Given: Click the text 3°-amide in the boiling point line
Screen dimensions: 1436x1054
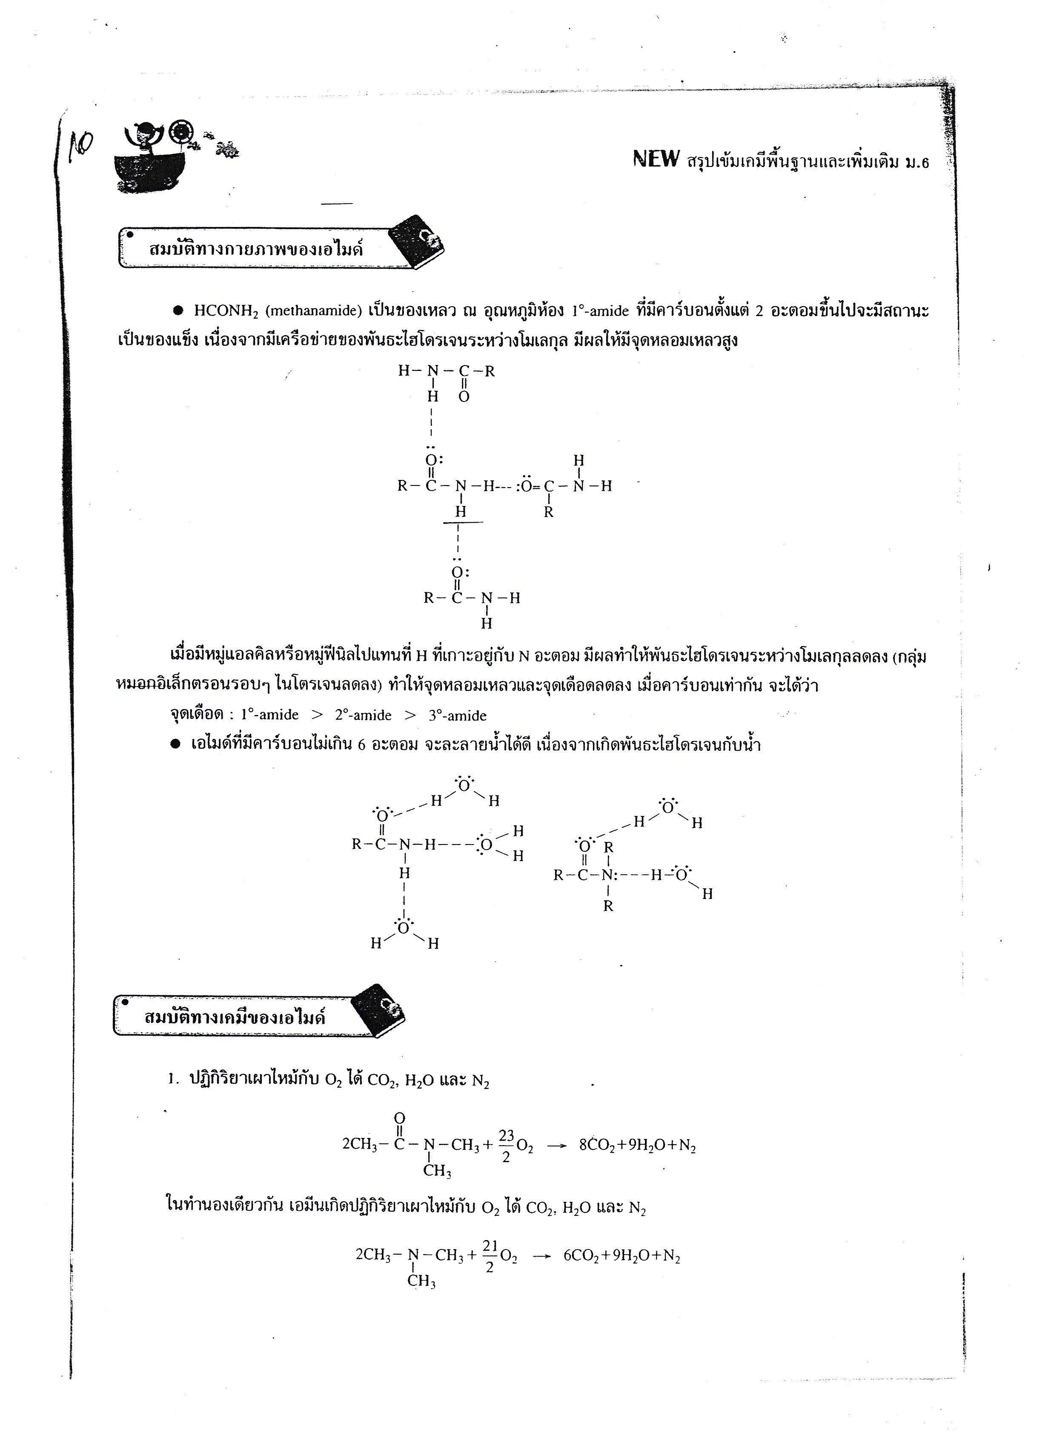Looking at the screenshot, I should [x=457, y=715].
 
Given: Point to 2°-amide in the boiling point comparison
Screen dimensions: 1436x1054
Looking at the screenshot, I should [x=363, y=715].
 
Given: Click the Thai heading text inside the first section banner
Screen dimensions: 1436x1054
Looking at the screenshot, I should [x=256, y=249].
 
